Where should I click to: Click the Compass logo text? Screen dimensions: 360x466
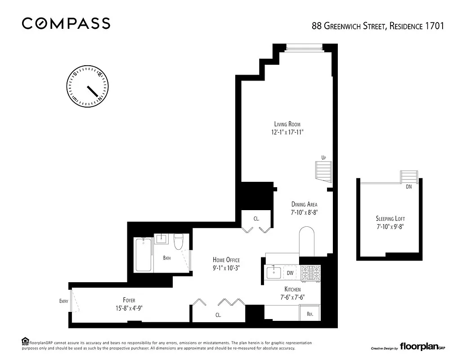tap(66, 23)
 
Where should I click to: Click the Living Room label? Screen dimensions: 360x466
tap(287, 124)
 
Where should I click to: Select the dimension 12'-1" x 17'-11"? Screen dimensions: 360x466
tap(287, 132)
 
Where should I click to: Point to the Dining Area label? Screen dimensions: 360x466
tap(304, 204)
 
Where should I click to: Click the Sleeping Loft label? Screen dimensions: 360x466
tap(390, 219)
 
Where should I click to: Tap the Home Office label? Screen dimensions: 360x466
tap(226, 260)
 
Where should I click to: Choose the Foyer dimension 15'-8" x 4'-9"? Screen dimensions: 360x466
tap(129, 308)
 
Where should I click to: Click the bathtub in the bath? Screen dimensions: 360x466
tap(143, 255)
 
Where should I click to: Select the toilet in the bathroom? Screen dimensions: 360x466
tap(179, 242)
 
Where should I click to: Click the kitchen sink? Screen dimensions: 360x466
tap(273, 272)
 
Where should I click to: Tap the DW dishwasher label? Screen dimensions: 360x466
tap(290, 273)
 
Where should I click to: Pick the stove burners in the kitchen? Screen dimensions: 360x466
tap(310, 272)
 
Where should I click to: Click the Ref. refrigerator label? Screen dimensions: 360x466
tap(310, 315)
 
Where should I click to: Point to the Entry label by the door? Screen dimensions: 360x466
tap(63, 301)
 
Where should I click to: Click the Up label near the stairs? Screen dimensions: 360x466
tap(323, 157)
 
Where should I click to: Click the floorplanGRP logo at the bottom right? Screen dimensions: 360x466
tap(421, 347)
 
